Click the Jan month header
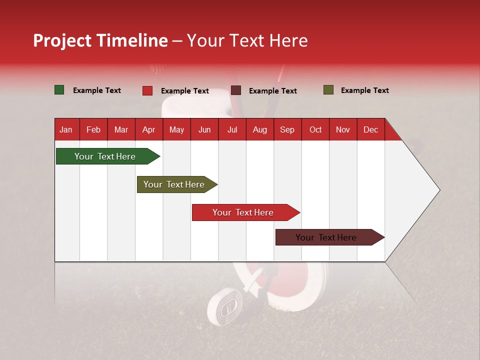pos(66,129)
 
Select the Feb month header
pos(93,129)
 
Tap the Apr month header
pos(148,129)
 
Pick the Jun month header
pos(204,129)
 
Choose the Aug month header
pos(259,129)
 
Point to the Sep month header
pos(287,129)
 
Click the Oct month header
pos(315,129)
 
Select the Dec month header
pos(370,129)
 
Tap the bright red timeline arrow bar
pos(244,212)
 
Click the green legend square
pos(59,90)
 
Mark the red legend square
pos(147,90)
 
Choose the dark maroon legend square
pos(236,90)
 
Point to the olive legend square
pos(328,90)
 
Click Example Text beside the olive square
pos(364,90)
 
